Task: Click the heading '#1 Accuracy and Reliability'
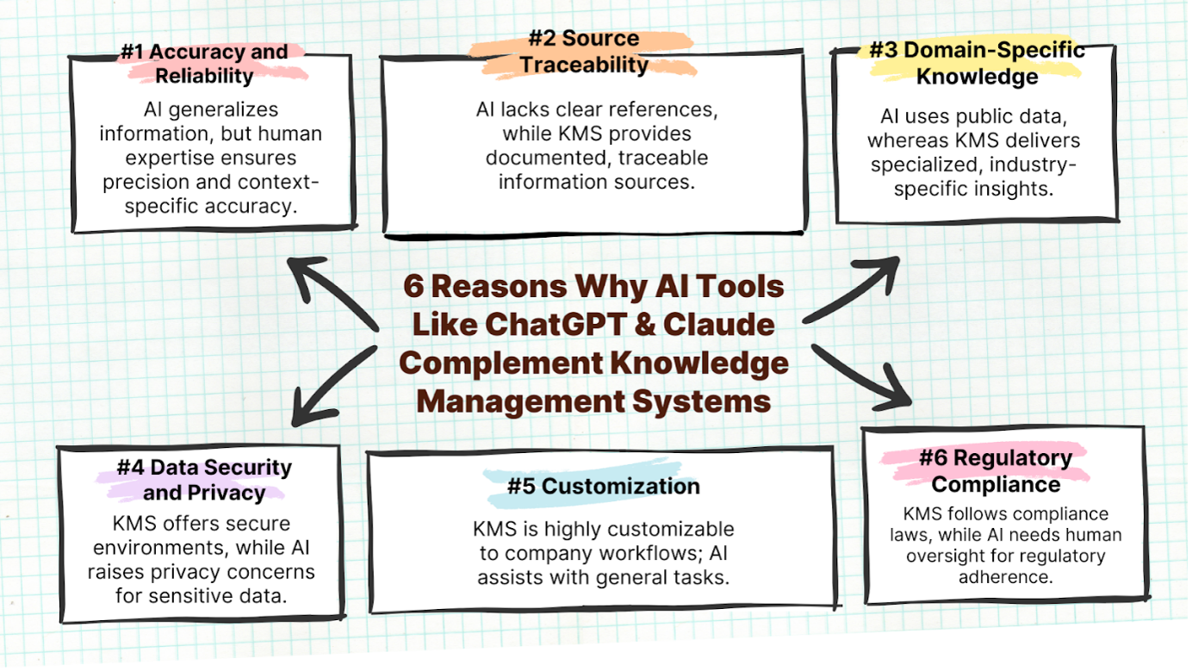(x=204, y=64)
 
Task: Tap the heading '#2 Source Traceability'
(x=584, y=52)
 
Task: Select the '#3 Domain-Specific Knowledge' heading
(x=977, y=64)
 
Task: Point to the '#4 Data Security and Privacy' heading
(x=204, y=480)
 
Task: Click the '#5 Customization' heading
(x=604, y=487)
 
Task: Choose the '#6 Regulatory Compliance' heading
(x=996, y=471)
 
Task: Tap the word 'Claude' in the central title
(x=719, y=325)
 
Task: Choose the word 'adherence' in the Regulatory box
(x=1005, y=577)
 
